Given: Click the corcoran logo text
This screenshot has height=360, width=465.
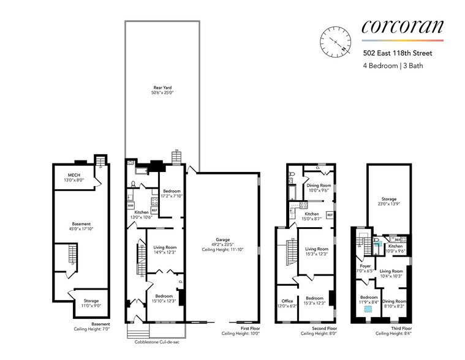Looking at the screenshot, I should pos(403,27).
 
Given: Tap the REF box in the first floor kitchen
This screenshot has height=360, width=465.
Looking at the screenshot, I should pos(154,210).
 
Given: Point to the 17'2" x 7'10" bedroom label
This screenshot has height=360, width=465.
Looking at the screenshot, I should pos(171,193).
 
